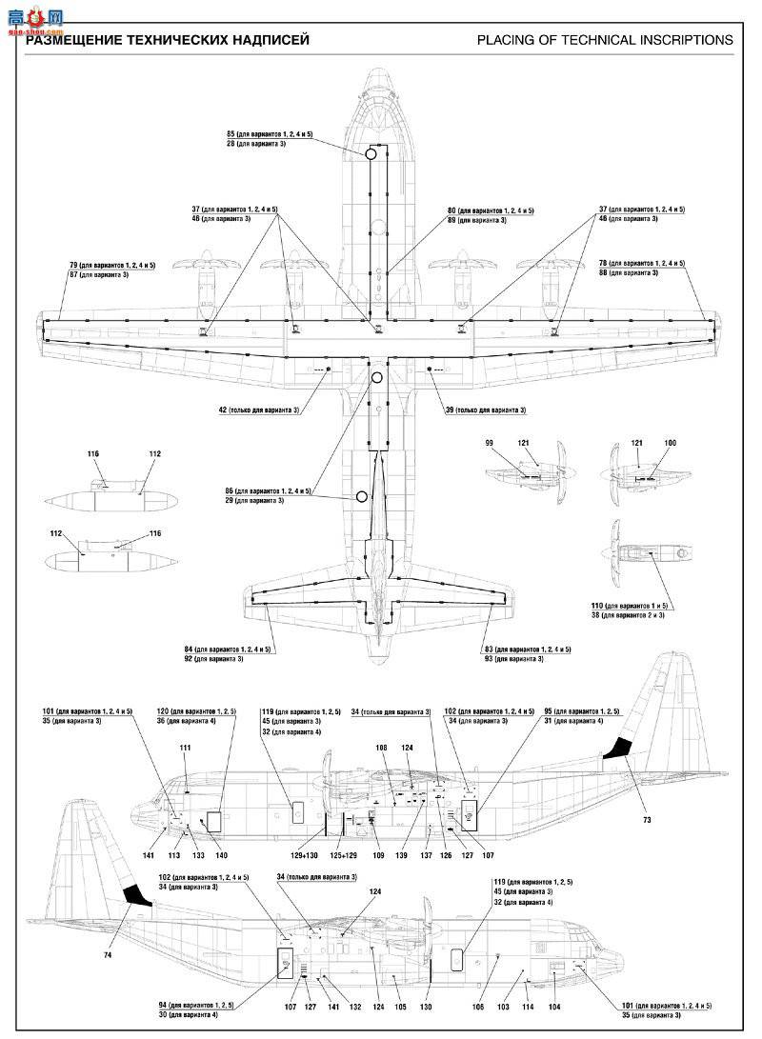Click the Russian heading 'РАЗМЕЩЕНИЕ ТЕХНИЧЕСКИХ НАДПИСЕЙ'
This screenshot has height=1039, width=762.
(168, 40)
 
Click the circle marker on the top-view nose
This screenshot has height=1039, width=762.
(371, 153)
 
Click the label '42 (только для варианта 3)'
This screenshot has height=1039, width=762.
(259, 410)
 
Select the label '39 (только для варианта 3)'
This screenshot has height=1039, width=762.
(486, 410)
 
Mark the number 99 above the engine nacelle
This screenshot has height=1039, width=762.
(490, 444)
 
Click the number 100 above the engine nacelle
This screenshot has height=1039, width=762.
(670, 444)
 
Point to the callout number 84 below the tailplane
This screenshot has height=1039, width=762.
(190, 649)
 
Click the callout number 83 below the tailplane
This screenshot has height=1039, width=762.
(490, 649)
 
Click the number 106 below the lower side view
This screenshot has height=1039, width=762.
(478, 1007)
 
